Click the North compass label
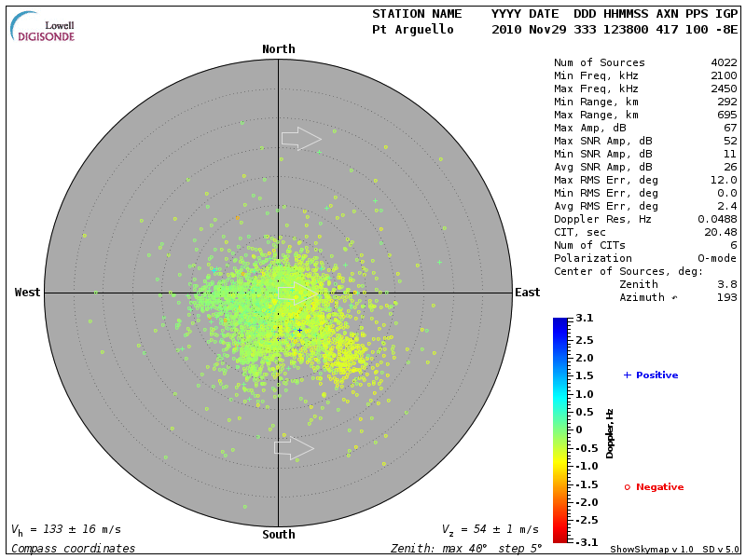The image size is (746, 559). coord(278,49)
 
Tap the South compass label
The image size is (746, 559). coord(278,535)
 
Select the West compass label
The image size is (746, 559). coord(28,293)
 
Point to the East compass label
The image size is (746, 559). coord(527,293)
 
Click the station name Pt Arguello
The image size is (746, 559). coord(412,30)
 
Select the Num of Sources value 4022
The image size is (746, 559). coord(724,63)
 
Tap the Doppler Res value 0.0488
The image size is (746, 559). coord(718,219)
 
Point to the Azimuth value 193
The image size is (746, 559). coord(726,297)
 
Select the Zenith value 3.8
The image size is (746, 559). coord(726,284)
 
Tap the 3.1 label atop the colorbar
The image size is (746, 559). coord(585,319)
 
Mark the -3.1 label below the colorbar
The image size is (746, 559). coord(585,541)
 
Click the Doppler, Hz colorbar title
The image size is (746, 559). coord(610,432)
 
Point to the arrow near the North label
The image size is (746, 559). coord(301,138)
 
